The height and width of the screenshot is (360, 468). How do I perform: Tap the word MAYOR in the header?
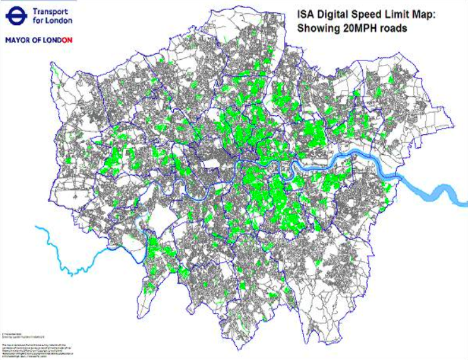point(19,39)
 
